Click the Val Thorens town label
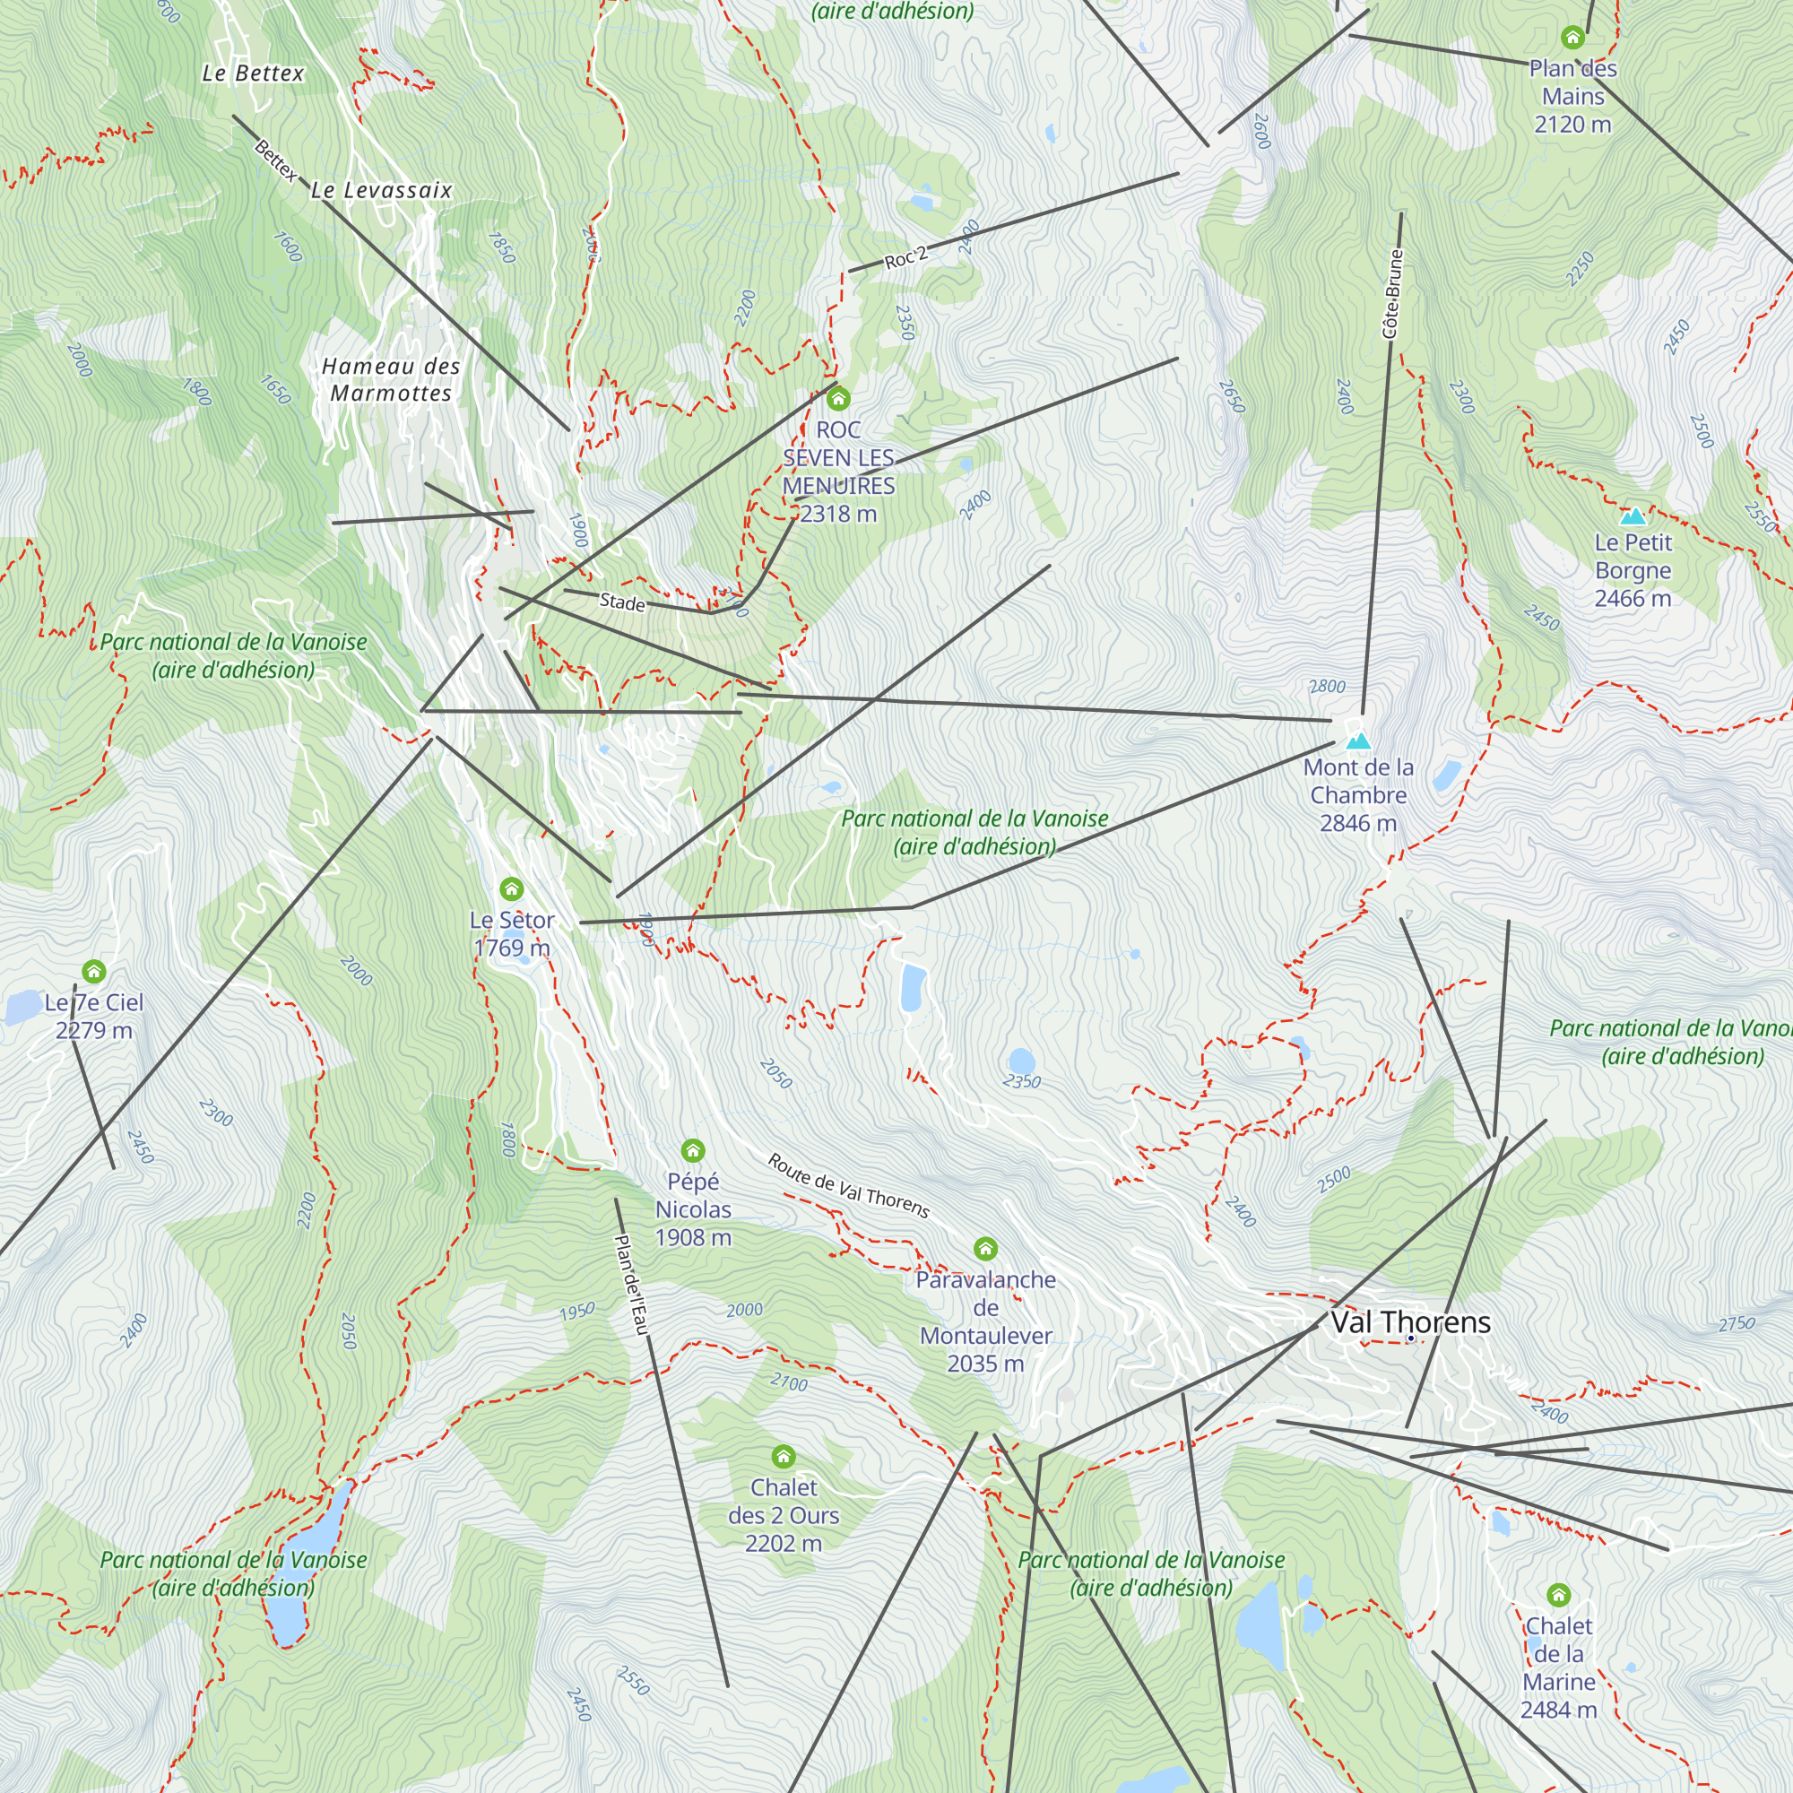(x=1409, y=1322)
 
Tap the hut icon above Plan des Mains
(x=1572, y=38)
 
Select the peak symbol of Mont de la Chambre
(x=1357, y=741)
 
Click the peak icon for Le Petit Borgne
(x=1633, y=517)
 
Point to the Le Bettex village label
(x=254, y=74)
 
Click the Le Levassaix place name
(x=381, y=190)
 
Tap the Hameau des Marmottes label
(x=391, y=379)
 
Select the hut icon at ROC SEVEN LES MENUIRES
(x=838, y=399)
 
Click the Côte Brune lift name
(x=1391, y=294)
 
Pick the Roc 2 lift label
(x=905, y=258)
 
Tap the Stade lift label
(x=622, y=602)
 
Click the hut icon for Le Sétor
(x=511, y=890)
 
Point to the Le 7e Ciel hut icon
(x=94, y=972)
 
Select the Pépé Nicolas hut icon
(x=692, y=1151)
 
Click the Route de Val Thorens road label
(x=848, y=1185)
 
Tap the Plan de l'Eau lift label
(x=631, y=1285)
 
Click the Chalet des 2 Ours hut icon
(x=784, y=1456)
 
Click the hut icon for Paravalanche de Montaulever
(x=984, y=1248)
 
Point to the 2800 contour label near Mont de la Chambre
(x=1327, y=687)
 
